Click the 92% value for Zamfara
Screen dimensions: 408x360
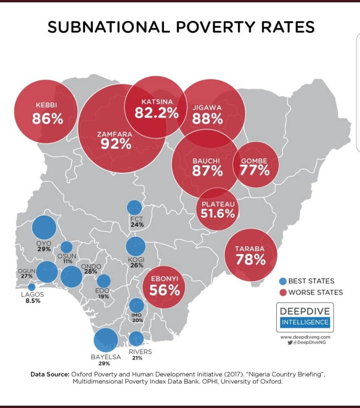tap(116, 144)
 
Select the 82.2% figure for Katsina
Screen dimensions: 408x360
tap(157, 113)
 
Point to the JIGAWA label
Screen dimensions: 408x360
tap(207, 108)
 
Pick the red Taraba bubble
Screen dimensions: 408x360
tap(251, 255)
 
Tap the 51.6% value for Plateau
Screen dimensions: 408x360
tap(215, 214)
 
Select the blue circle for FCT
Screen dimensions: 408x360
tap(134, 207)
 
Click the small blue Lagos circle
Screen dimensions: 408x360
tap(32, 287)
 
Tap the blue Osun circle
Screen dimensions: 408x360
tap(66, 247)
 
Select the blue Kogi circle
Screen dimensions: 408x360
tap(135, 246)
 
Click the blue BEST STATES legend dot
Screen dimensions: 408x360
tap(283, 281)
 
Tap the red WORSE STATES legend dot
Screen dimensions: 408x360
tap(283, 292)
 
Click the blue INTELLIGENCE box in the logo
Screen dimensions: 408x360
tap(305, 322)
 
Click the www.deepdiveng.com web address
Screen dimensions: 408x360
tap(305, 337)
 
